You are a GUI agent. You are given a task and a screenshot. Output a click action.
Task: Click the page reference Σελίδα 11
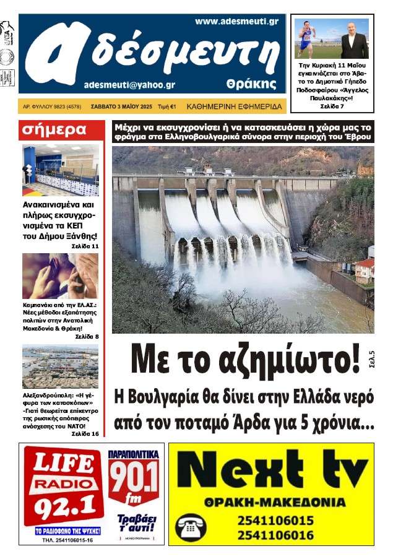coord(85,246)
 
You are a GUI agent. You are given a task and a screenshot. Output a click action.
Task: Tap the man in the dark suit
coord(353,40)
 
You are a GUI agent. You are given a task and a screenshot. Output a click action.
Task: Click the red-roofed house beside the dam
coord(364,270)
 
